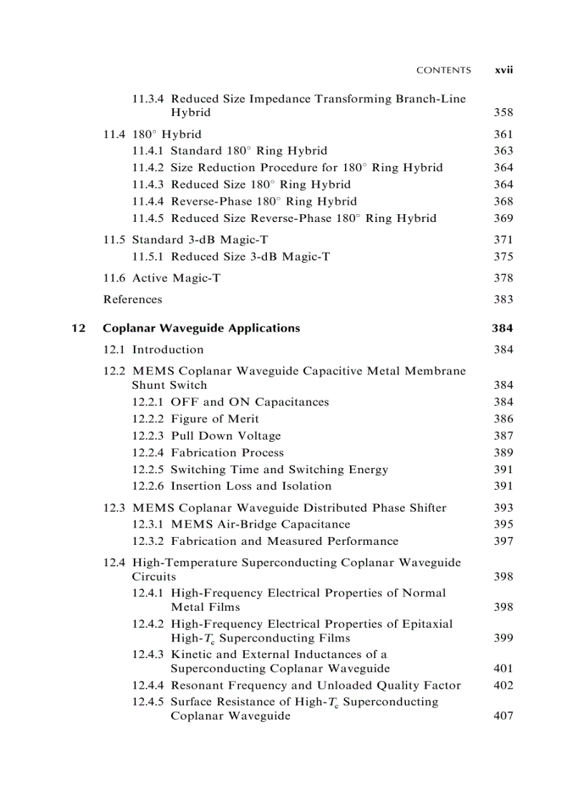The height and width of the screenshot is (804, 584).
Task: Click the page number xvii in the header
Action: pos(505,70)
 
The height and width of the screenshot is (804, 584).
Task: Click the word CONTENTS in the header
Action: pos(444,70)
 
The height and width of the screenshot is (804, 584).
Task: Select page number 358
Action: pos(503,112)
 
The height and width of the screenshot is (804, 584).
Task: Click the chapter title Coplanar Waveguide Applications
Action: pos(201,328)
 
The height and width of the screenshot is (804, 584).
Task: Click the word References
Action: pos(132,299)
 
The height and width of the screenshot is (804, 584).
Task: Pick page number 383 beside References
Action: pos(503,299)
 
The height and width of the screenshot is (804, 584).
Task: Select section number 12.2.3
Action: pos(148,435)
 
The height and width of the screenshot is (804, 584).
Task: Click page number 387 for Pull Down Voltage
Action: pos(503,435)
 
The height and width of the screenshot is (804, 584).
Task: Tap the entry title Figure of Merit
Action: pos(215,419)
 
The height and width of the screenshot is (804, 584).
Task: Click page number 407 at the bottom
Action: pos(503,716)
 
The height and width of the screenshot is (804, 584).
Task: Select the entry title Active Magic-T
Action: pos(176,278)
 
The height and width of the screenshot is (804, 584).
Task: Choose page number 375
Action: pos(503,256)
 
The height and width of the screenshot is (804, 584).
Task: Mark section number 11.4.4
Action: pos(148,201)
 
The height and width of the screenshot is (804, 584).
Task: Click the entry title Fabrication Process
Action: pos(227,452)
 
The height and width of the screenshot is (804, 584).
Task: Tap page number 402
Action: pos(503,685)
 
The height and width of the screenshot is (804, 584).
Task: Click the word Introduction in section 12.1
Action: pos(167,349)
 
